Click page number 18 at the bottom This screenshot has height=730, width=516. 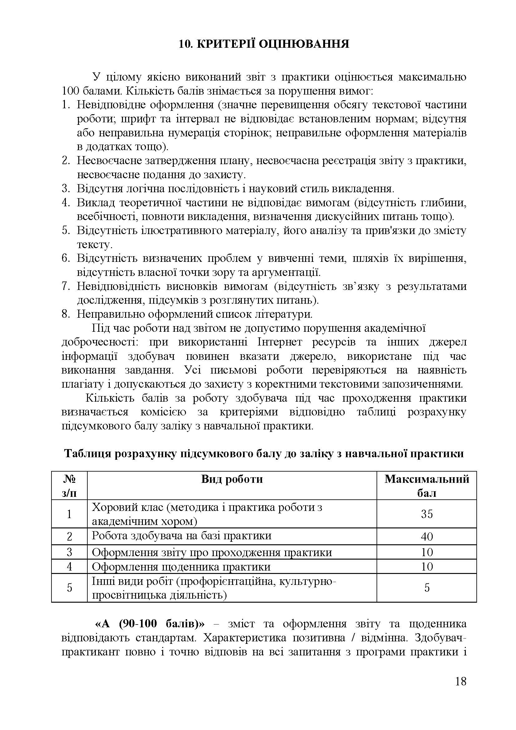(460, 690)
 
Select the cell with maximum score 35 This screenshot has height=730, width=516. (426, 514)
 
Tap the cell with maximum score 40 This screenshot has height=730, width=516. (426, 536)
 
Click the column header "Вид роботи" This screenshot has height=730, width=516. (231, 479)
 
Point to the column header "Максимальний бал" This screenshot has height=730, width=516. (426, 486)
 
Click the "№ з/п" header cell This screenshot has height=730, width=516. (69, 486)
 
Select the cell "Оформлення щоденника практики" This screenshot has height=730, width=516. (181, 566)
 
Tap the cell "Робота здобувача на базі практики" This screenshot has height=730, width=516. (182, 536)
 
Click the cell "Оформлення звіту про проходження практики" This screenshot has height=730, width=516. (212, 552)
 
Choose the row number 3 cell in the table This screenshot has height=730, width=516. (69, 552)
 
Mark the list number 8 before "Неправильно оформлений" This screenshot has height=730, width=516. (66, 315)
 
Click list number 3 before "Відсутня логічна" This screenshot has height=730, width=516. (66, 189)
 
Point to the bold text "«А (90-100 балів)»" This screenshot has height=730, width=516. (150, 624)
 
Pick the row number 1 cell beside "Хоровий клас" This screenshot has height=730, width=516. (69, 514)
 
